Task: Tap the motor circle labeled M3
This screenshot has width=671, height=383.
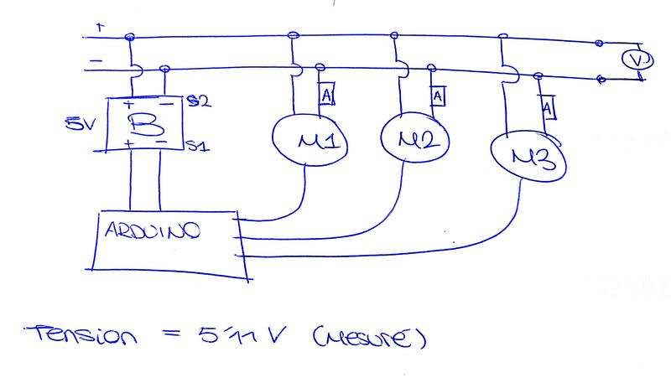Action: [x=528, y=158]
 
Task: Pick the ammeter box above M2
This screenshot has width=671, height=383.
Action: [x=437, y=97]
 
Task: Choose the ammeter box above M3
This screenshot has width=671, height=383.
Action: [x=547, y=108]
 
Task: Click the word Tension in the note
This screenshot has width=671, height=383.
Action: [x=82, y=337]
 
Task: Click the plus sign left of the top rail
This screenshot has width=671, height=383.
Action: [x=101, y=28]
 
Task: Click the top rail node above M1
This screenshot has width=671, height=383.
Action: [x=293, y=35]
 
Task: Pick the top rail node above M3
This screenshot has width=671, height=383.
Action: [x=502, y=36]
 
